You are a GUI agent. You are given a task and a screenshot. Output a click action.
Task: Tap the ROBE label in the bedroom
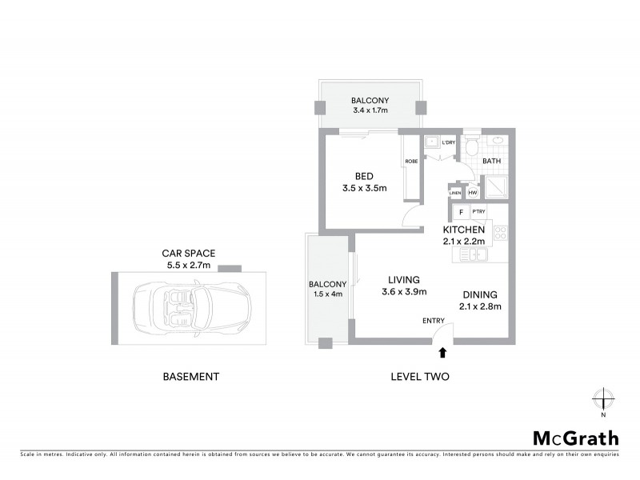[411, 161]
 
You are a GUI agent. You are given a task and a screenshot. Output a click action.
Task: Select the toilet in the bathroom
[472, 146]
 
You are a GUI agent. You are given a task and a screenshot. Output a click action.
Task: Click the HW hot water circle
[472, 193]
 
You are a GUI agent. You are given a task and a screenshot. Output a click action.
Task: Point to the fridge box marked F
[461, 212]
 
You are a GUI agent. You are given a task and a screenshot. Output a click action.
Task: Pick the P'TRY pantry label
[478, 212]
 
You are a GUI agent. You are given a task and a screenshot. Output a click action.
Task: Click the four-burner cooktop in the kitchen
[500, 234]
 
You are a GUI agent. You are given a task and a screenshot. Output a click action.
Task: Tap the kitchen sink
[472, 254]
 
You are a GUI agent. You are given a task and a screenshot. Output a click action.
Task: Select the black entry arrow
[442, 351]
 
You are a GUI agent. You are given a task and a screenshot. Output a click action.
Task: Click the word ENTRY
[434, 321]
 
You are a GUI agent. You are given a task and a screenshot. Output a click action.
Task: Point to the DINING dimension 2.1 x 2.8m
[479, 306]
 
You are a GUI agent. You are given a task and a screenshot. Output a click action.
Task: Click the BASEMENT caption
[190, 376]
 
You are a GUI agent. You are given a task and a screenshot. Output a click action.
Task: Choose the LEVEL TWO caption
[418, 376]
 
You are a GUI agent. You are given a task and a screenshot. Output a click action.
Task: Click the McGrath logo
[575, 438]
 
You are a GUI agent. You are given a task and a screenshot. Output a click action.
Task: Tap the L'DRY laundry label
[448, 142]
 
